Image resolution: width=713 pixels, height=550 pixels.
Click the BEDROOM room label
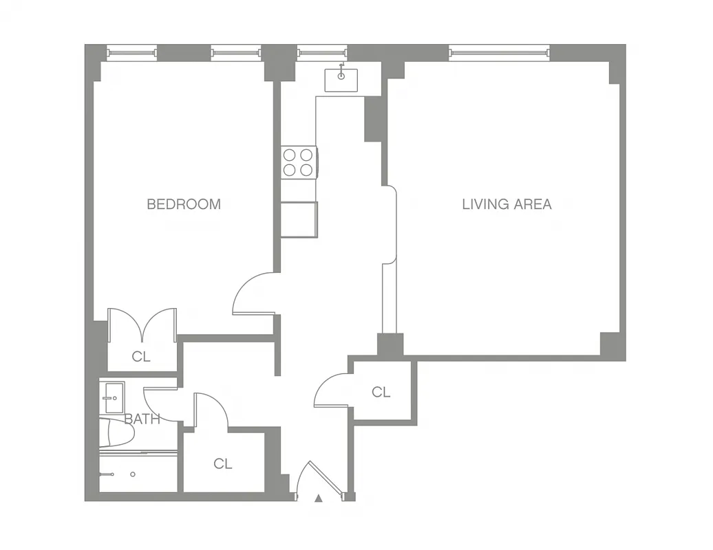184,204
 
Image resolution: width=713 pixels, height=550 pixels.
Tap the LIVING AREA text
507,204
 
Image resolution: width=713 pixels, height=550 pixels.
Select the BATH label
142,419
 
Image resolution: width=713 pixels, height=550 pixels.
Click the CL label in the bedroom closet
141,357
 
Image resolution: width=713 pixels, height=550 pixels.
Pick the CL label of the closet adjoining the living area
381,393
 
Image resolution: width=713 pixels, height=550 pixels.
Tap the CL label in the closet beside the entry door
222,464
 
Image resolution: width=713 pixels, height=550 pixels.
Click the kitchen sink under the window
341,80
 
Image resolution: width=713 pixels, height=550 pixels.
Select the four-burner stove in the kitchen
299,163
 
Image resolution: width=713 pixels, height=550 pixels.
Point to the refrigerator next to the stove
299,219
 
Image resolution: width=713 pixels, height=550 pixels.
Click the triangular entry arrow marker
318,498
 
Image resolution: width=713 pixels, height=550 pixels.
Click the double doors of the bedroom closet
142,324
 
